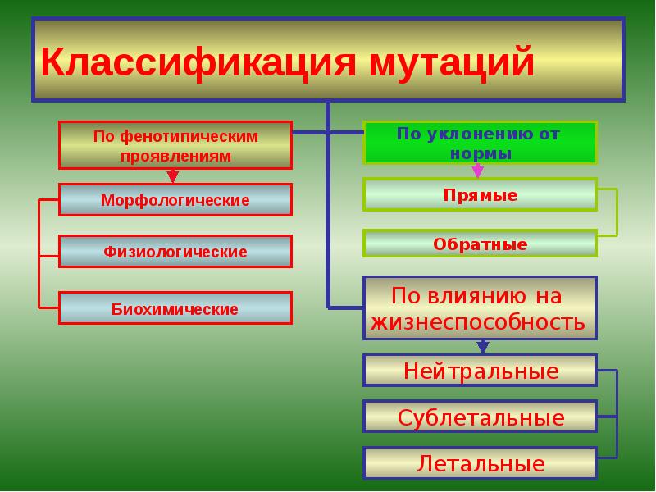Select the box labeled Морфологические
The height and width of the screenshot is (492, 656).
pyautogui.click(x=175, y=200)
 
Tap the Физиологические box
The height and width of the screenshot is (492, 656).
pyautogui.click(x=175, y=252)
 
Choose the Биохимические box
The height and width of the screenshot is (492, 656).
pyautogui.click(x=175, y=309)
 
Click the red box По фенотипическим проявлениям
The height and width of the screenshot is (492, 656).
pyautogui.click(x=175, y=145)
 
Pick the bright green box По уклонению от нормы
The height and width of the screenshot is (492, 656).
pyautogui.click(x=480, y=143)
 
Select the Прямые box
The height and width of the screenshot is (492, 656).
pyautogui.click(x=480, y=196)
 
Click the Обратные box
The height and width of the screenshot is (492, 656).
pyautogui.click(x=480, y=244)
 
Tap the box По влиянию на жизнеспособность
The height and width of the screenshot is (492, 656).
pyautogui.click(x=480, y=308)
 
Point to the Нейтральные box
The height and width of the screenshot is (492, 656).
pyautogui.click(x=480, y=371)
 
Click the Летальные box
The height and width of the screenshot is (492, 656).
pyautogui.click(x=480, y=464)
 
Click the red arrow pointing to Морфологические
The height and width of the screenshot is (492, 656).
pyautogui.click(x=172, y=176)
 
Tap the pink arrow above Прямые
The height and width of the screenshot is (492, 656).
pyautogui.click(x=477, y=171)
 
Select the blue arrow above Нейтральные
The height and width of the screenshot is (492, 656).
pyautogui.click(x=482, y=347)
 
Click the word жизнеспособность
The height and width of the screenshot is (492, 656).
pyautogui.click(x=478, y=321)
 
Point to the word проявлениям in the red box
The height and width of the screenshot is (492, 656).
pyautogui.click(x=175, y=155)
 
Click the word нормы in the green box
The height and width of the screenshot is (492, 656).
pyautogui.click(x=481, y=153)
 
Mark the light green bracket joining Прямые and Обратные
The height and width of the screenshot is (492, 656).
pyautogui.click(x=617, y=212)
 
